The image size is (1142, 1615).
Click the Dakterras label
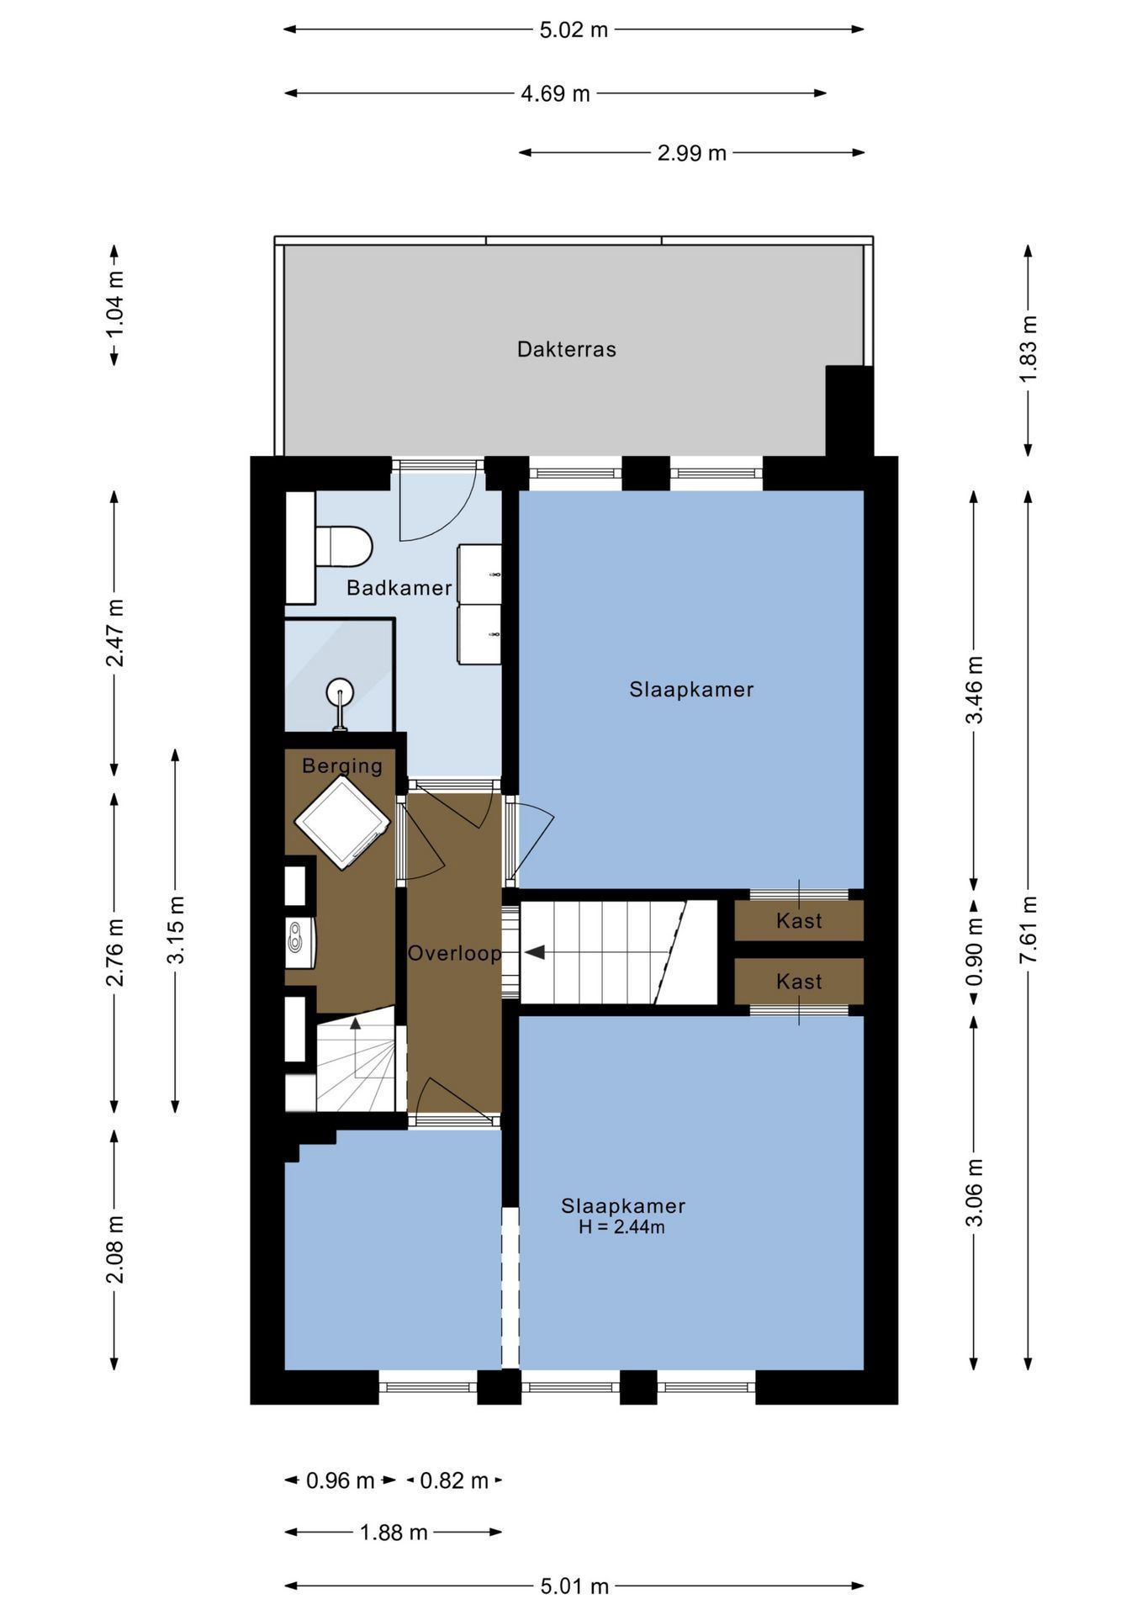[566, 349]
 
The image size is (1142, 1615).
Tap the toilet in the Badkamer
[343, 547]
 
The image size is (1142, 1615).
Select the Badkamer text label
[399, 588]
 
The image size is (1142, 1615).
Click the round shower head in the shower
[340, 692]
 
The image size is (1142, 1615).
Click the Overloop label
[455, 953]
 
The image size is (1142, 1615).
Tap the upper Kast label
[799, 921]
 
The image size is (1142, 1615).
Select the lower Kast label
[799, 982]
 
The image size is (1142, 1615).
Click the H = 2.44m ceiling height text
[621, 1227]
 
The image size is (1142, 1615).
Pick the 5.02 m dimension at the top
[574, 29]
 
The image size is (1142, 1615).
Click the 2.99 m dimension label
[692, 153]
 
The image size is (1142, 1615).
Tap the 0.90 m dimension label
[974, 952]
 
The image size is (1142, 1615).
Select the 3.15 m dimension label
[176, 930]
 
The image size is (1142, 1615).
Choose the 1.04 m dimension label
[115, 304]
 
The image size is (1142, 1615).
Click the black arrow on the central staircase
[535, 952]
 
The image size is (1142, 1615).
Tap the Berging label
[342, 765]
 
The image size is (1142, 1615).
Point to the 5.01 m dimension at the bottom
[574, 1586]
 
